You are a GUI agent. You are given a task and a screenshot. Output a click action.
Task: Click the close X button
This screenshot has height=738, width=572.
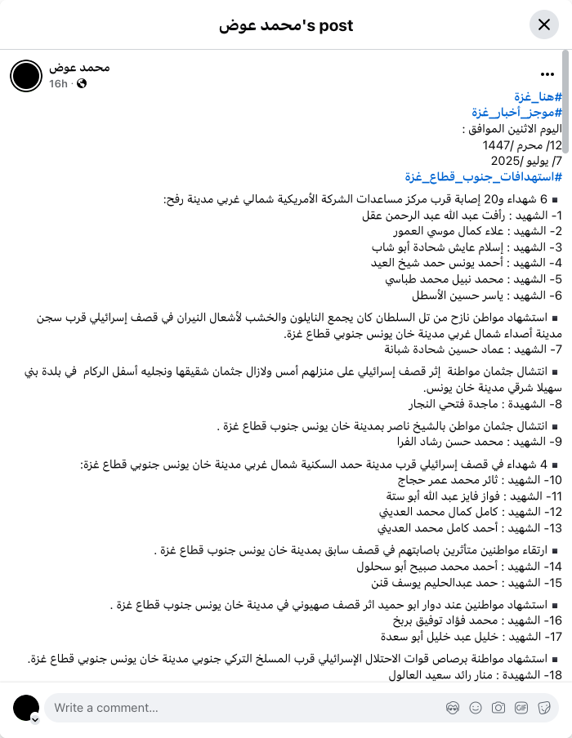543,24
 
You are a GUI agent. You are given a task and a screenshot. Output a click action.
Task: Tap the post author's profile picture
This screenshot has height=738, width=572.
25,75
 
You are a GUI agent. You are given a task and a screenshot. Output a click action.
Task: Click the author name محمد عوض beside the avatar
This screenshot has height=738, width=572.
79,67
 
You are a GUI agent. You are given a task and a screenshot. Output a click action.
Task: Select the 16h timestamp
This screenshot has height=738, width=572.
58,84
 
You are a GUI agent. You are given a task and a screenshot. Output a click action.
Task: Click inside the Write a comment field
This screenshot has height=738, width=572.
245,708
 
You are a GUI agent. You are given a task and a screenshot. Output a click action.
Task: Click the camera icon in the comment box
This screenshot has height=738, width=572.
498,708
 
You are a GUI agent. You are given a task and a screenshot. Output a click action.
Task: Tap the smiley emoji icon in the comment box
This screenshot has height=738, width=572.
475,708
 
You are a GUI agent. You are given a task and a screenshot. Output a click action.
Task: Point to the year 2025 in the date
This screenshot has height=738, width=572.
506,161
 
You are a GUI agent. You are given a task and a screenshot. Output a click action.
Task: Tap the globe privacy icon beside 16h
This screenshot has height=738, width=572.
82,84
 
